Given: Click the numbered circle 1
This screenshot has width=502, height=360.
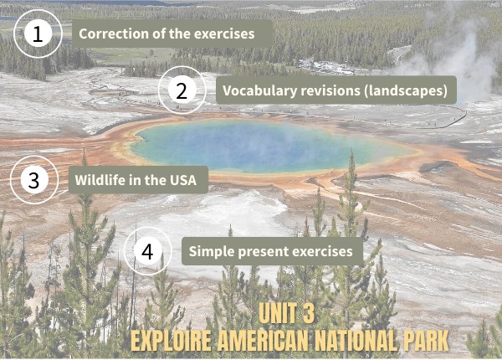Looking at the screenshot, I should (37, 34).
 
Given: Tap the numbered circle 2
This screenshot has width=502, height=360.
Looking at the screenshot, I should (182, 90).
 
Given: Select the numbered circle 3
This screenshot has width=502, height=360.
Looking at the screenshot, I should (33, 180).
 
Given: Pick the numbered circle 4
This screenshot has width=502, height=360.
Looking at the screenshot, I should (147, 251).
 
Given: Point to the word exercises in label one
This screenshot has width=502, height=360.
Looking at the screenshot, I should (225, 34).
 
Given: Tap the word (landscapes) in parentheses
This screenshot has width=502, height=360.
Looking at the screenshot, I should (407, 90).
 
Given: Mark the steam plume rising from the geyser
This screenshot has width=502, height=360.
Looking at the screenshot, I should (452, 50).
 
